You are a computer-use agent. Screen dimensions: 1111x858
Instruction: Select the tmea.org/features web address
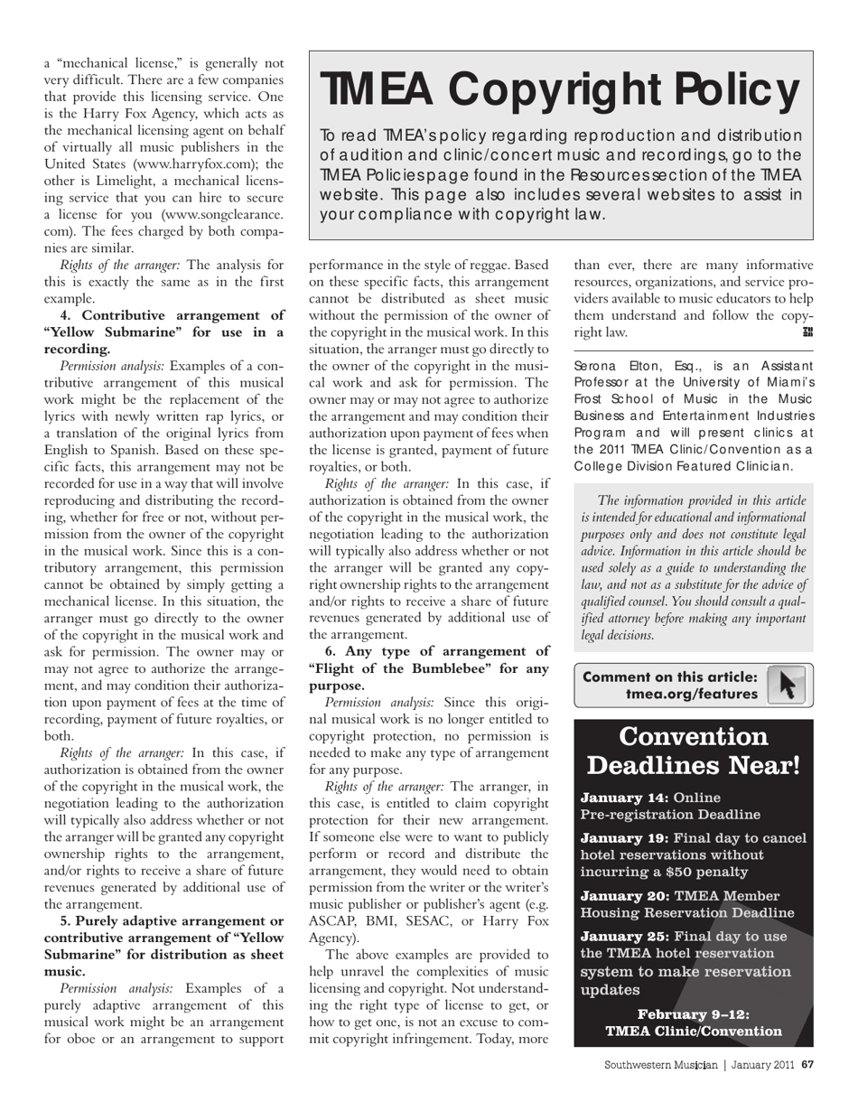point(692,694)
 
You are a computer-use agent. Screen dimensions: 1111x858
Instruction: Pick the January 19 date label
point(624,838)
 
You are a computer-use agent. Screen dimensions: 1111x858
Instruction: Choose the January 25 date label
point(624,936)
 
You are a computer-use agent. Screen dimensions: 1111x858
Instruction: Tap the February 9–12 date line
point(694,1014)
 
